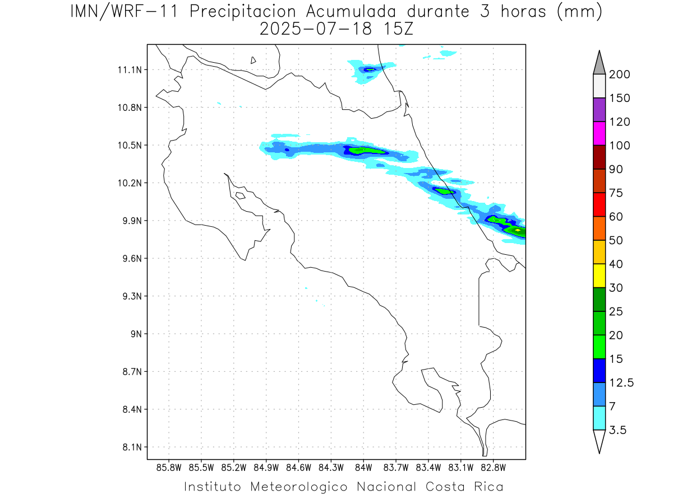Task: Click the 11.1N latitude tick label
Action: (x=127, y=69)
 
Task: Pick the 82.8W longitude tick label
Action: (x=493, y=467)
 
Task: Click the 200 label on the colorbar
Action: (x=620, y=74)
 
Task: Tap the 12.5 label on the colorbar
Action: (x=621, y=382)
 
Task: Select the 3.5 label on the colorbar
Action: (x=617, y=430)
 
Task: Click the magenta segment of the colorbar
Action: (x=599, y=133)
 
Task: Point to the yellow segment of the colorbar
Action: (x=599, y=275)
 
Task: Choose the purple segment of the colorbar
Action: (x=599, y=110)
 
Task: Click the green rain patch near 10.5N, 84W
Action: (x=359, y=150)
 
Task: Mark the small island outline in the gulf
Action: (x=240, y=195)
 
